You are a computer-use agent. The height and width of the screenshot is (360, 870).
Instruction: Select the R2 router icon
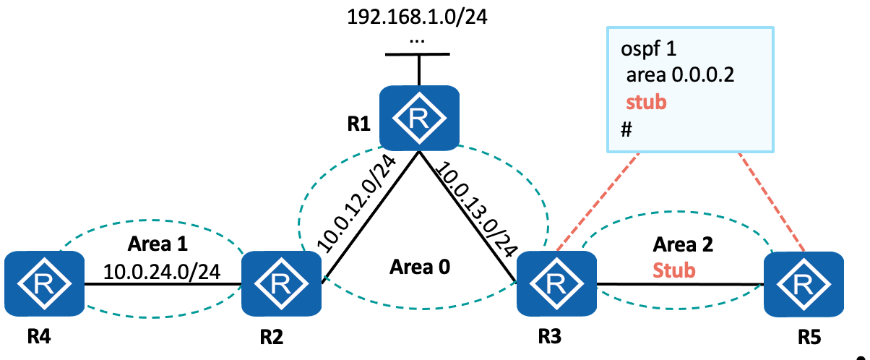point(281,283)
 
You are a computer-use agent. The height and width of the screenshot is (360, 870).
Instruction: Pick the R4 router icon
point(45,283)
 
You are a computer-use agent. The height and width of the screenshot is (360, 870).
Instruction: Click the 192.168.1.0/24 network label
point(418,17)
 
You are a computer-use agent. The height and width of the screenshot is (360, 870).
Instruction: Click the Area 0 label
point(420,267)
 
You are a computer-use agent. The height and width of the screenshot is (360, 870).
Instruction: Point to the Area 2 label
point(683,244)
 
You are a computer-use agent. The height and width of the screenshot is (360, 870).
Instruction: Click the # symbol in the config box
point(626,128)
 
